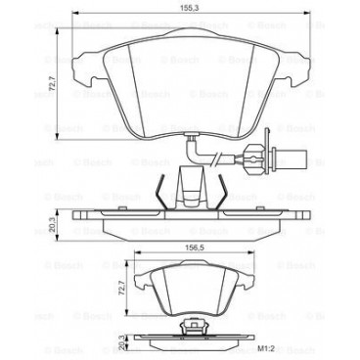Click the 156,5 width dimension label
click(180, 247)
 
